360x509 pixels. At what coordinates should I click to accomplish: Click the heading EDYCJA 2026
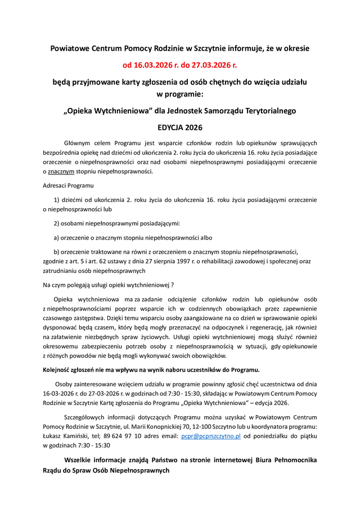point(180,128)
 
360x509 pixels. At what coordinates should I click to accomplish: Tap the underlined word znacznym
point(61,172)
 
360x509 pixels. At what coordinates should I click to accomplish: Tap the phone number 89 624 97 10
point(120,435)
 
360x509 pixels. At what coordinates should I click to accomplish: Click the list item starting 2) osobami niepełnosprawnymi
point(116,223)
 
